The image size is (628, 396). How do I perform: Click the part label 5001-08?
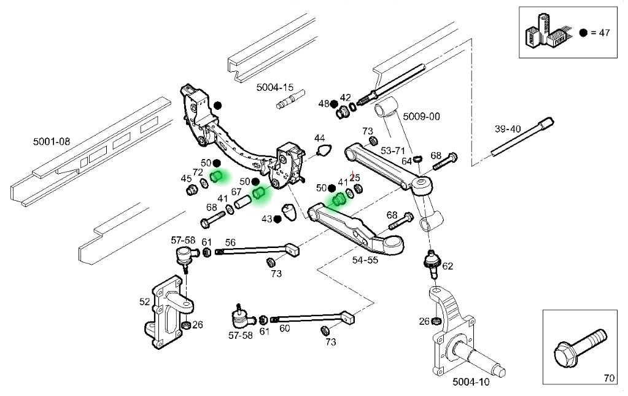[52, 142]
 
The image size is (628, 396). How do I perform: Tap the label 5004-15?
[275, 88]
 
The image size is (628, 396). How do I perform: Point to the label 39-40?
[508, 129]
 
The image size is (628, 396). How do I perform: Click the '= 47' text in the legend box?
[600, 33]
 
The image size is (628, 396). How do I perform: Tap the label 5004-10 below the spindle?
[471, 382]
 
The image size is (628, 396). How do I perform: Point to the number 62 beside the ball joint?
[448, 266]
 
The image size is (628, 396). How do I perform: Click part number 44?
[320, 138]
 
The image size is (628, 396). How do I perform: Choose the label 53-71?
[393, 150]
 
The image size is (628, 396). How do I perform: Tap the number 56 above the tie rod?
[230, 242]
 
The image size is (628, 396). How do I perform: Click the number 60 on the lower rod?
[284, 328]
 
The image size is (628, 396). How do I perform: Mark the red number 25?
[354, 177]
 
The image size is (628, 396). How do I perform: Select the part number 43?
[266, 219]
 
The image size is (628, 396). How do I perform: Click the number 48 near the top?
[324, 103]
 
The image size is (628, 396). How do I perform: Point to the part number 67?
[236, 192]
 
